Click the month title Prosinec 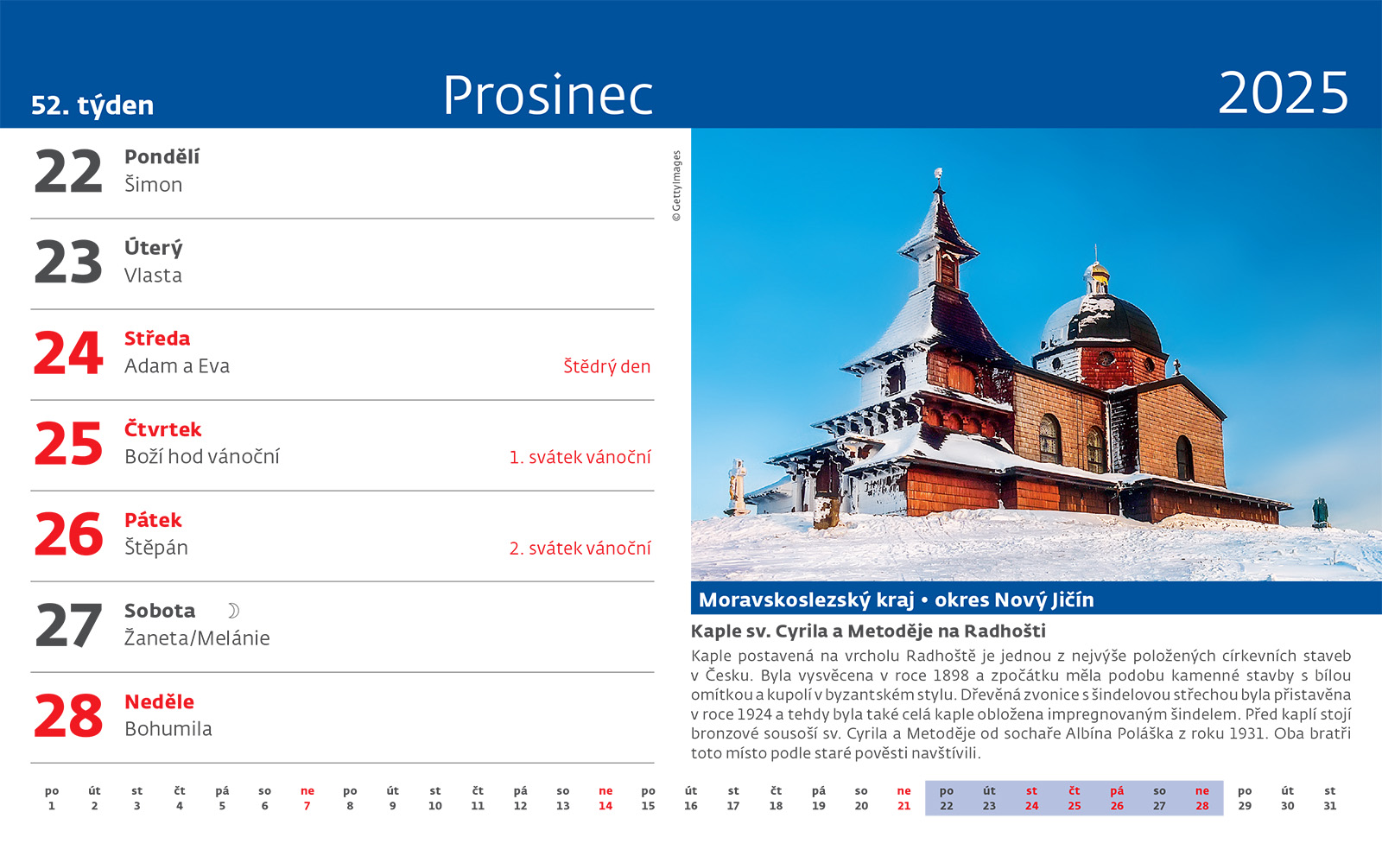coord(548,96)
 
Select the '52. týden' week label coord(92,105)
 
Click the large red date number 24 coord(68,352)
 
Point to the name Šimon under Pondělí coord(153,185)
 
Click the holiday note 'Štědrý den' coord(606,366)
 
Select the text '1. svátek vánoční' coord(580,457)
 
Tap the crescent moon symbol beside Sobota coord(233,611)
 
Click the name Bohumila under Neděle coord(168,729)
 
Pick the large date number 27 coord(68,625)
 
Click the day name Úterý coord(153,248)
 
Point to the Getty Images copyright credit coord(676,186)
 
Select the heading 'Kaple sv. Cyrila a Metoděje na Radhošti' coord(868,631)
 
